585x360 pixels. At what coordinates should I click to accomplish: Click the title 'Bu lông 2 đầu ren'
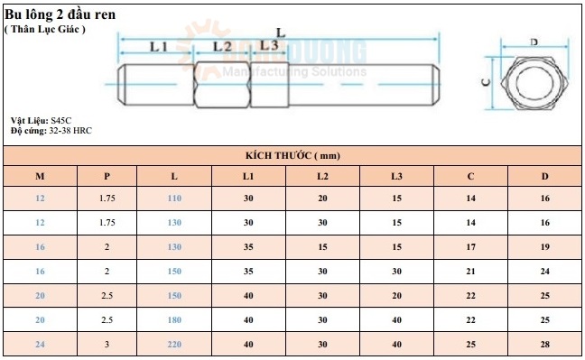point(60,14)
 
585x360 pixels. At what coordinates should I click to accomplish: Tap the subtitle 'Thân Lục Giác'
point(45,29)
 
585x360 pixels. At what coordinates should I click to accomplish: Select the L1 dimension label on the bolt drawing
point(159,47)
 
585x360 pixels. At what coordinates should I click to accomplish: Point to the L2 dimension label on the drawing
point(222,47)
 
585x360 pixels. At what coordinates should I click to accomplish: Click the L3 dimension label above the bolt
point(269,45)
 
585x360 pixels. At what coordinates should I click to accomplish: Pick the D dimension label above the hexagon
point(534,42)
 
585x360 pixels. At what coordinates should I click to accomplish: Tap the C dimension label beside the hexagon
point(486,82)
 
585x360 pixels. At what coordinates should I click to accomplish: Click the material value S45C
point(61,121)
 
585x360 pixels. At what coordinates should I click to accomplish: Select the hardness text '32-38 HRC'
point(70,131)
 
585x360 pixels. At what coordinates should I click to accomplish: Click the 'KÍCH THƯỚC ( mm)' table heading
point(292,155)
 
